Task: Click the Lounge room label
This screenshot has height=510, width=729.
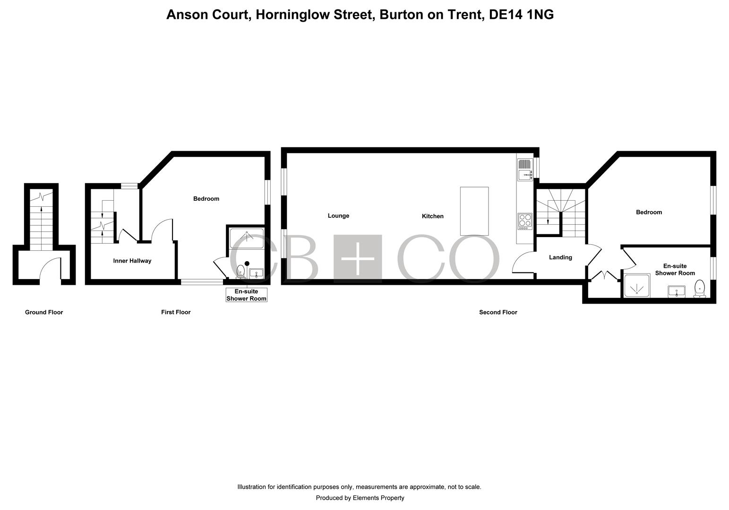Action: coord(338,216)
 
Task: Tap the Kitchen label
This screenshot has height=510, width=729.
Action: coord(432,216)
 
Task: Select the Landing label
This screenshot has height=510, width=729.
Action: coord(560,257)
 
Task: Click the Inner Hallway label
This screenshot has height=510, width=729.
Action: coord(132,261)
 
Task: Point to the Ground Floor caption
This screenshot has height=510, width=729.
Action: coord(44,312)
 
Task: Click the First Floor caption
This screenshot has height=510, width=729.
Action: coord(176,312)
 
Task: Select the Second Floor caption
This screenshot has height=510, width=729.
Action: coord(498,312)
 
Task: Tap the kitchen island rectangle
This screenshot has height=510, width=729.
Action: coord(474,211)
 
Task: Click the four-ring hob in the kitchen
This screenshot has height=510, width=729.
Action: coord(525,221)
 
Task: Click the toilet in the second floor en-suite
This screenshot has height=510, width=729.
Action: coord(700,289)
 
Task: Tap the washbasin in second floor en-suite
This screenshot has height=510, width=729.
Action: coord(677,291)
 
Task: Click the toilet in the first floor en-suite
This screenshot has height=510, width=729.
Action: coord(240,272)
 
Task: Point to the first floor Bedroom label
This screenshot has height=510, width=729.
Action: coord(206,199)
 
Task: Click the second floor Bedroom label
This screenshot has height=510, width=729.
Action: coord(649,212)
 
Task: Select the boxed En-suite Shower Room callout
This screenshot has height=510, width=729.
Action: coord(246,295)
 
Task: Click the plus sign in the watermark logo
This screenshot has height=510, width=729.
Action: coord(358,258)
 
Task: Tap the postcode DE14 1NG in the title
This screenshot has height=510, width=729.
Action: coord(521,15)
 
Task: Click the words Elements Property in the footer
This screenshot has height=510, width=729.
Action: coord(378,498)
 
